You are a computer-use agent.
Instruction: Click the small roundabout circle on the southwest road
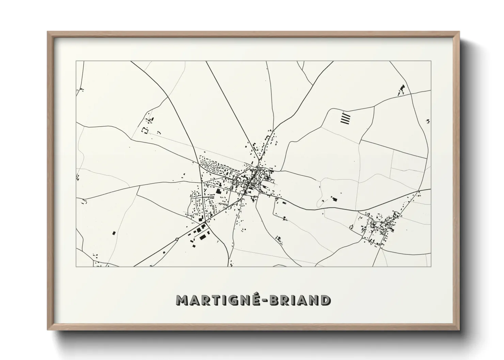coord(177,239)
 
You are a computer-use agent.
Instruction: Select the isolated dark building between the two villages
coord(334,199)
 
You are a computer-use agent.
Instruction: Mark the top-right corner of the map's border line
coord(431,61)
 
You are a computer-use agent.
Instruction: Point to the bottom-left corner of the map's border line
coord(76,267)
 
